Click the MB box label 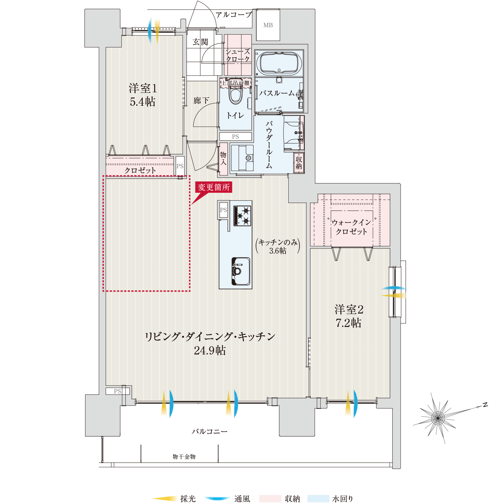(268, 25)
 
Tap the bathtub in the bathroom (279, 63)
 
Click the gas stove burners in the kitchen (242, 216)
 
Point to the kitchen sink (241, 271)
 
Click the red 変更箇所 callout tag (213, 187)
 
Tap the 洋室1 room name (143, 88)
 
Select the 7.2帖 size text (348, 323)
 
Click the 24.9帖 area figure (210, 351)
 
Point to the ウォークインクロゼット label (352, 227)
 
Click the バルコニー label (209, 431)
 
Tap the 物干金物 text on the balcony (184, 457)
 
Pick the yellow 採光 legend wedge (165, 499)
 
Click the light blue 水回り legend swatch (318, 499)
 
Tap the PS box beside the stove (223, 210)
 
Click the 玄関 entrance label (200, 42)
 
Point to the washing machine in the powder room (242, 158)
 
